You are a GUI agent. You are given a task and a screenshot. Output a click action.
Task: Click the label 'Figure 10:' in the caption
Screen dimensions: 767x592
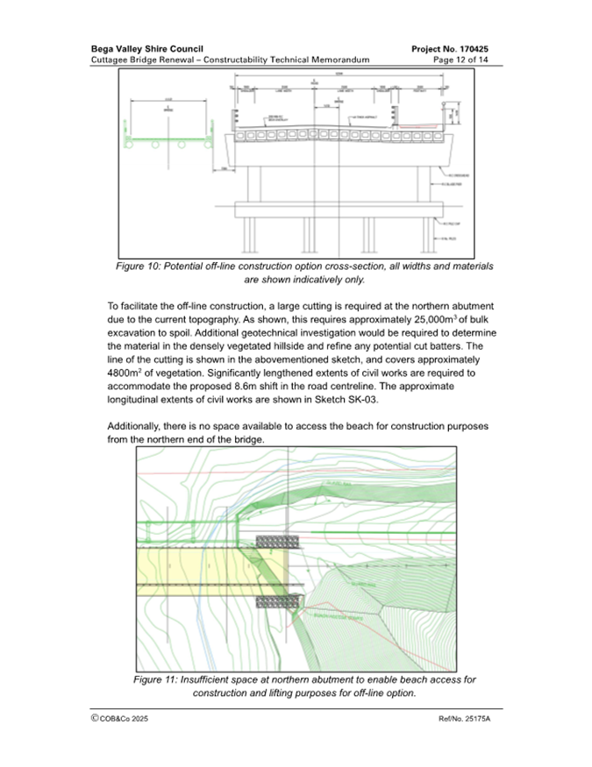(145, 266)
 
